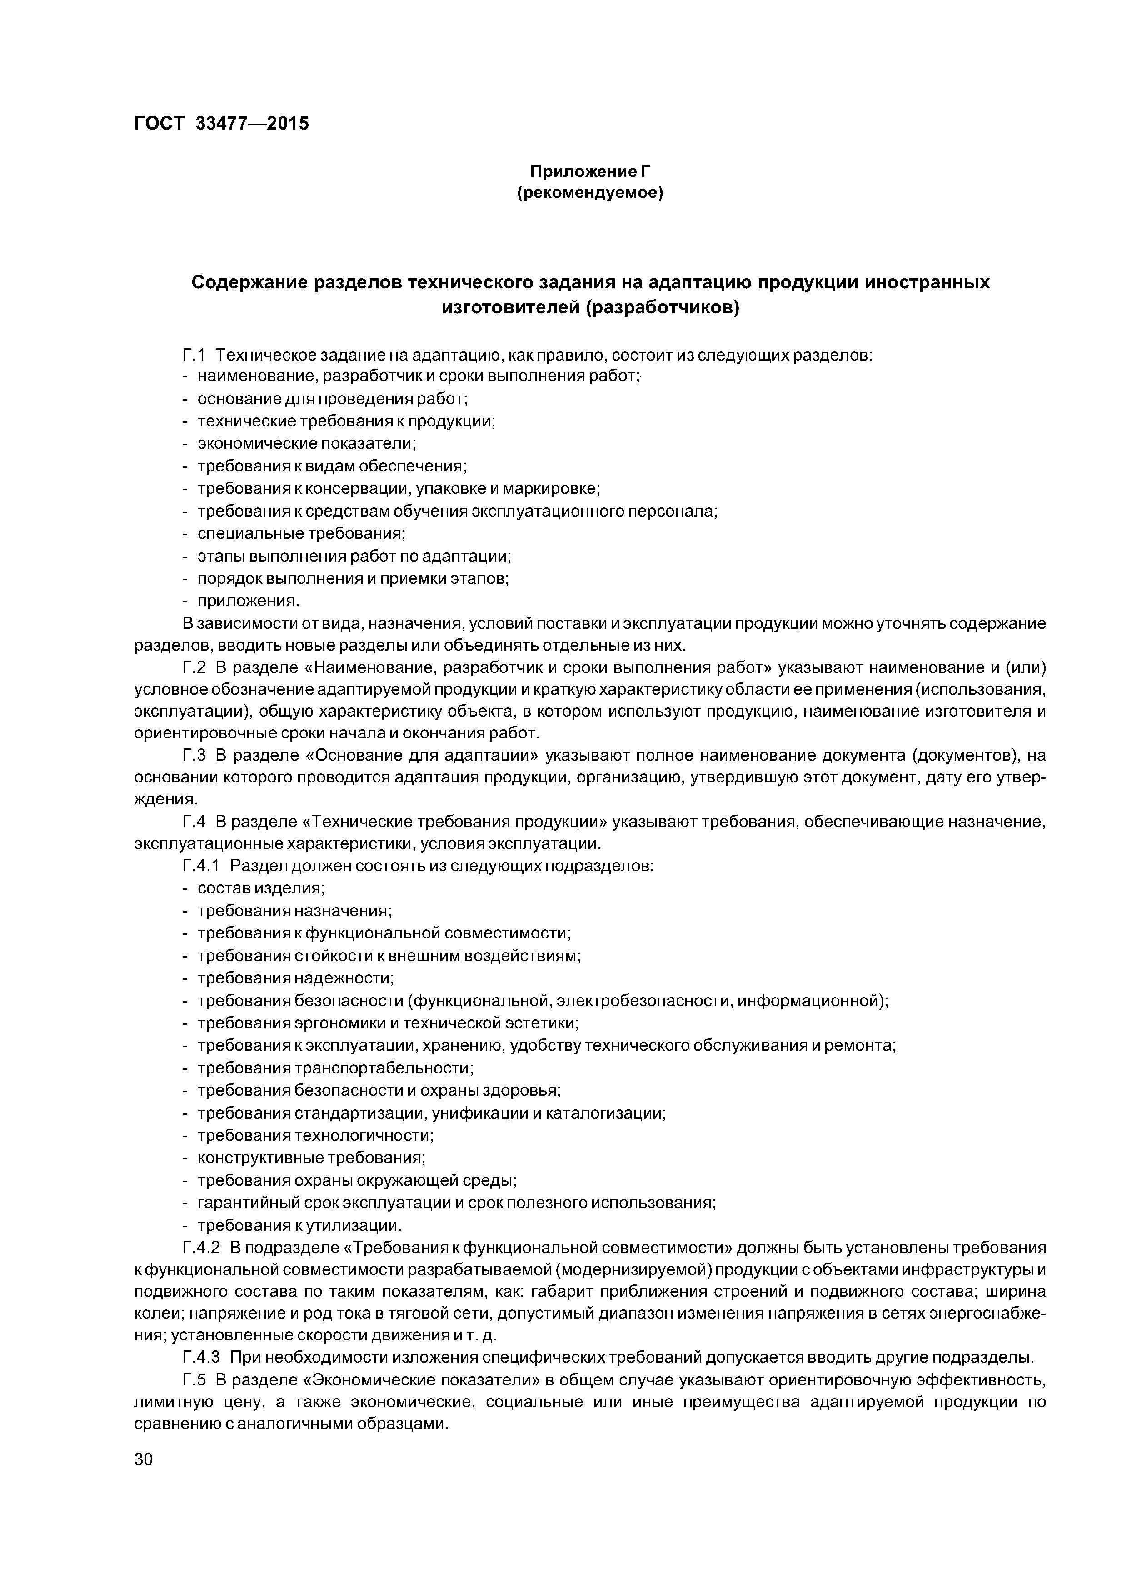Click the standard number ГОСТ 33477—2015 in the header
(x=221, y=124)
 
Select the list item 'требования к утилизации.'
(x=300, y=1225)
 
